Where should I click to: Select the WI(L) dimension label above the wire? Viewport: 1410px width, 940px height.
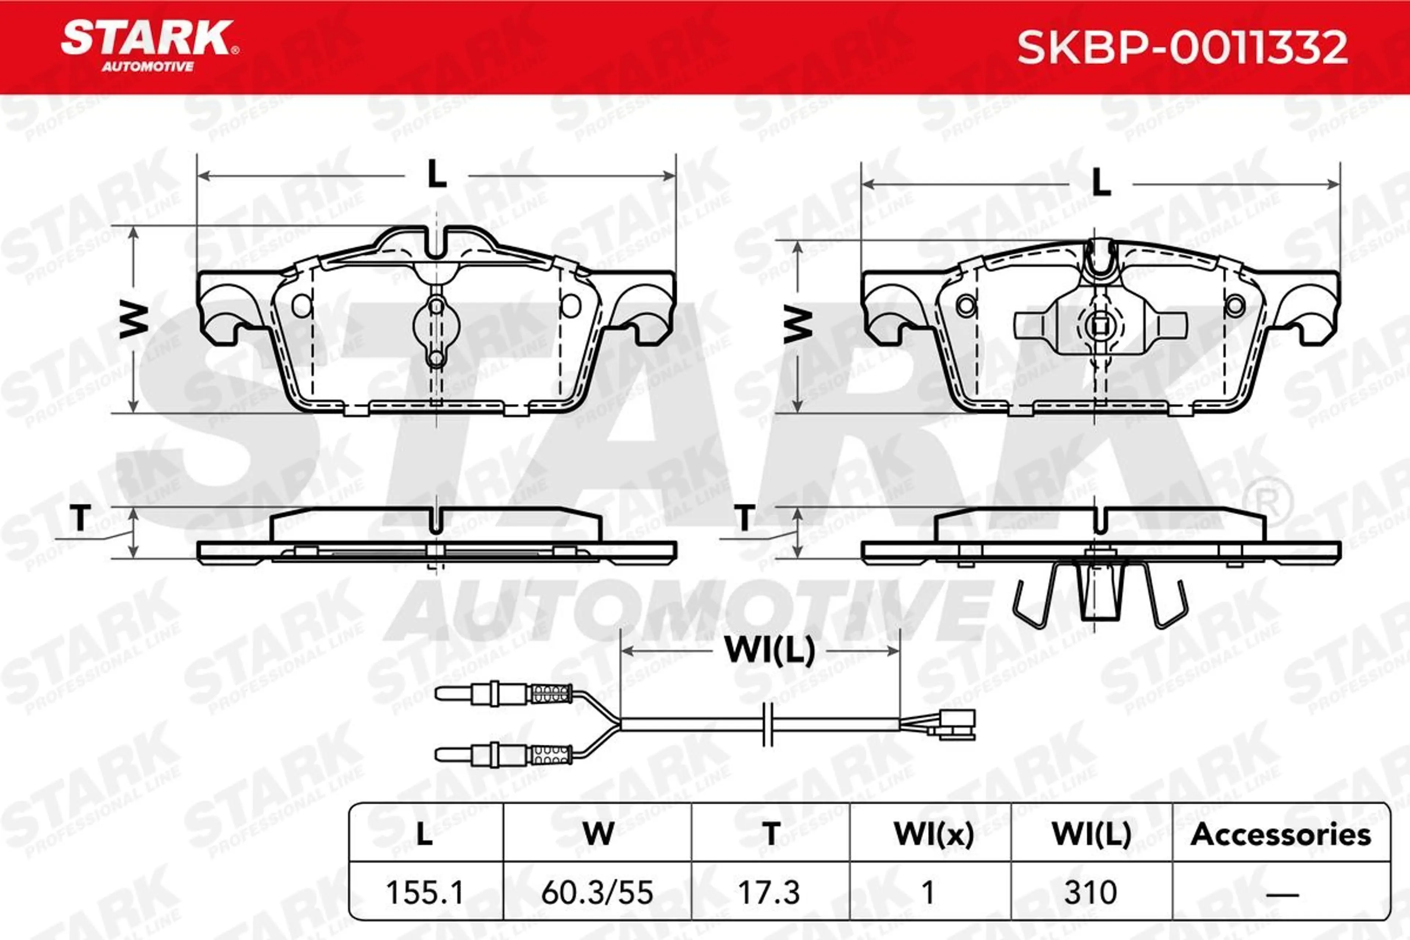click(770, 650)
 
